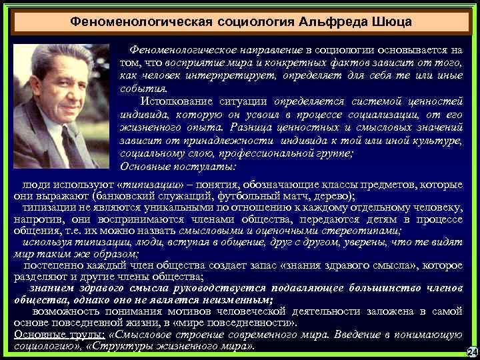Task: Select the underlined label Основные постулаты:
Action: tap(176, 166)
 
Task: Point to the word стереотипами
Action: tap(361, 231)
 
